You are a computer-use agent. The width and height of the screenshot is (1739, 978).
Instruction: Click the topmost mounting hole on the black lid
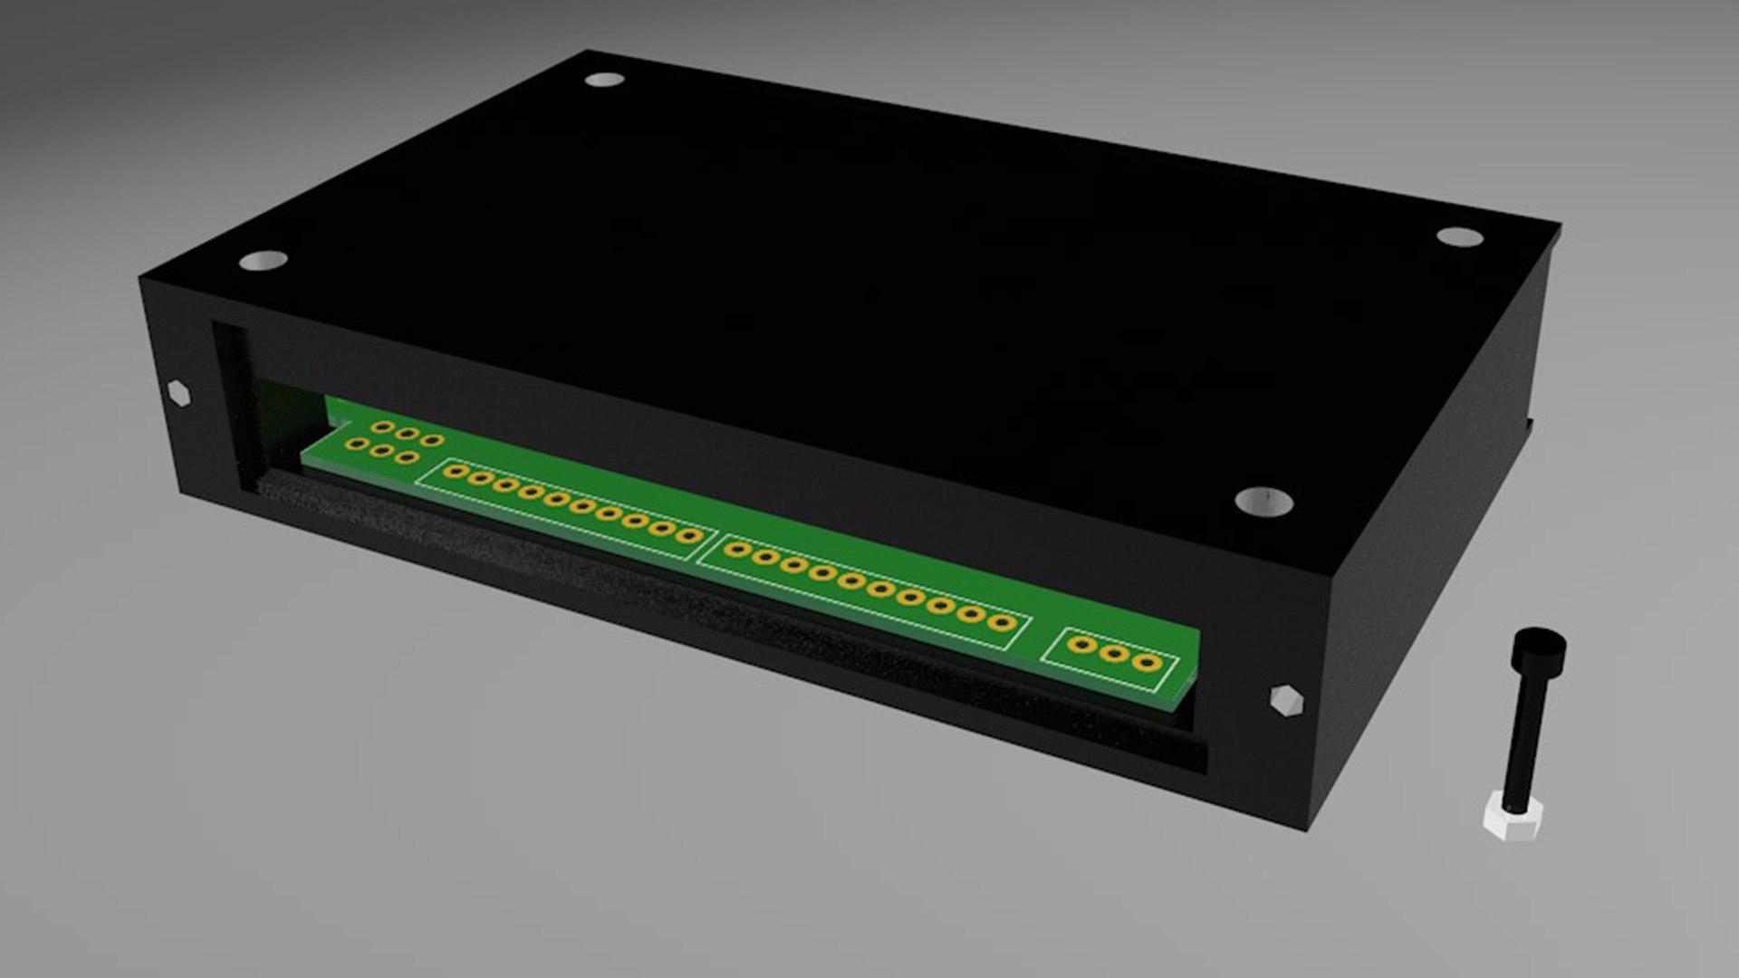point(604,80)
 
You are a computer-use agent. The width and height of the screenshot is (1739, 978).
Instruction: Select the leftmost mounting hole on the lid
point(264,261)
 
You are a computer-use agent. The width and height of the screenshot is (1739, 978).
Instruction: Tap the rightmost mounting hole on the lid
point(1459,237)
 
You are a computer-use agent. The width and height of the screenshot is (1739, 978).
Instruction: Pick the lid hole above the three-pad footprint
point(1263,501)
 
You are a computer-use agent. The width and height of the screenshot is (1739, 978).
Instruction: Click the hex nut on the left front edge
point(179,394)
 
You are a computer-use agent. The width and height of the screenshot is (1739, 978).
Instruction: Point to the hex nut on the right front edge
point(1285,702)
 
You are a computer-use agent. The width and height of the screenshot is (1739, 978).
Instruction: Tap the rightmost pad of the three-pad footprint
point(1148,663)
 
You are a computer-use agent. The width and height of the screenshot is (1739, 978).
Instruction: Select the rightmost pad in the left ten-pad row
point(688,536)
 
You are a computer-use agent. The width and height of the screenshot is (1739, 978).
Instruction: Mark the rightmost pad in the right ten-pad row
point(1000,622)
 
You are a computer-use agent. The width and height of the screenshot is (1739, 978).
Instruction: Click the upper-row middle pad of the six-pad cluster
point(408,434)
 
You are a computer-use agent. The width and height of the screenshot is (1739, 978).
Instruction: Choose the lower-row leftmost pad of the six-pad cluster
point(360,444)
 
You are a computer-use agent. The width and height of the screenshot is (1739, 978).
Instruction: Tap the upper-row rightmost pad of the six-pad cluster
point(433,441)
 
